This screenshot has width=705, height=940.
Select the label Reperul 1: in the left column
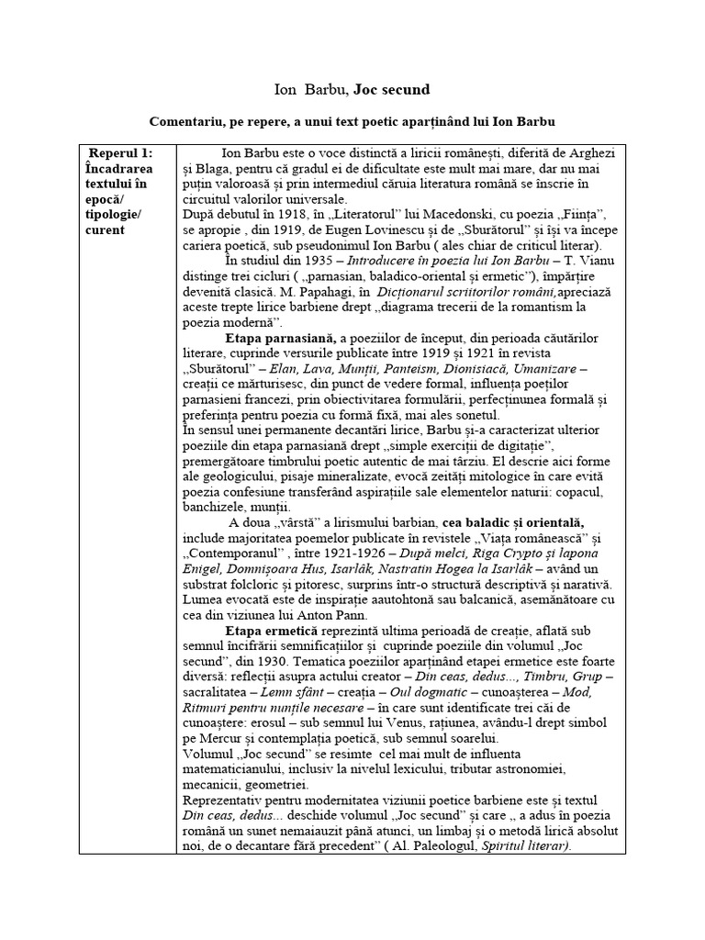click(x=120, y=152)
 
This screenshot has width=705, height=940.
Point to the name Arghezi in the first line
click(x=588, y=152)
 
